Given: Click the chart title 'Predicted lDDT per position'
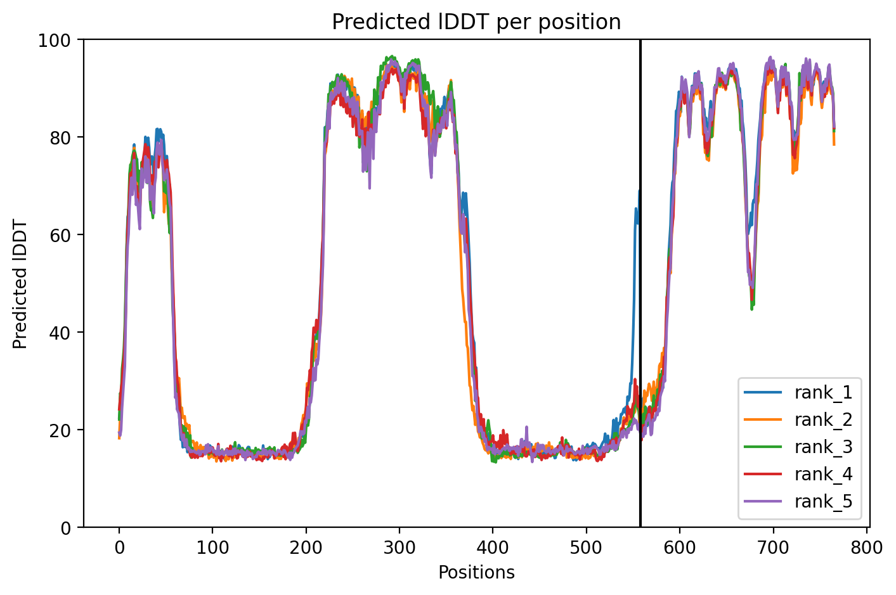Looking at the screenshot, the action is coord(476,22).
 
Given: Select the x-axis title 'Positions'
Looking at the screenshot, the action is coord(476,573).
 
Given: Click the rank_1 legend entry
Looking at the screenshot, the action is coord(798,392).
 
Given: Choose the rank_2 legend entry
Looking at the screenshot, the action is coord(798,419).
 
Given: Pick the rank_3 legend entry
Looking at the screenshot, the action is coord(798,447).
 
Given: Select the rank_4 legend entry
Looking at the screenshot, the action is coord(798,474).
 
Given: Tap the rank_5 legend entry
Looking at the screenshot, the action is coord(798,501).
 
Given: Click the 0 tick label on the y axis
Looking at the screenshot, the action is coord(65,528).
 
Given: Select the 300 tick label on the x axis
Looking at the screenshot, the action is coord(399,547).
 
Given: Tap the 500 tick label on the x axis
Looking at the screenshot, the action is coord(587,547).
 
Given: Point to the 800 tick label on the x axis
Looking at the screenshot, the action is coord(866,547).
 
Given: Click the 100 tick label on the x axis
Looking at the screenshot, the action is coord(212,547).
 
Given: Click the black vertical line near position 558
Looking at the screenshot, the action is coord(640,283).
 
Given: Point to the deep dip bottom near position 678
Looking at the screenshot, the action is coord(752,308).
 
